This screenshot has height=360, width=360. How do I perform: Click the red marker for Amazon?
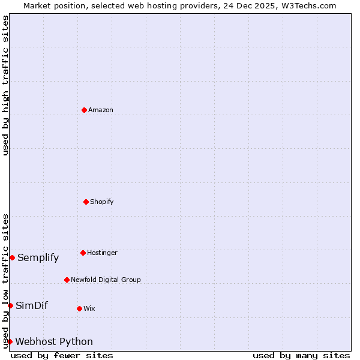[84, 110]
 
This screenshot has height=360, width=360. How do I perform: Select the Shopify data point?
[86, 202]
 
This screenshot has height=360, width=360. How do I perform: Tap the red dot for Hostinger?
[83, 253]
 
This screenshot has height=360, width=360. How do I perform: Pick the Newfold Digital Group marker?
[67, 280]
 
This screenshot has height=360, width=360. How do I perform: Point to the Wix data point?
[79, 308]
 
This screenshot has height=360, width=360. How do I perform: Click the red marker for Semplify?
[12, 257]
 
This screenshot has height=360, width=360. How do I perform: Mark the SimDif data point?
[10, 305]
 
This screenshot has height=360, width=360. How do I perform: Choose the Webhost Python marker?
[10, 341]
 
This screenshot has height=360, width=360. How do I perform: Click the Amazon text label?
[101, 110]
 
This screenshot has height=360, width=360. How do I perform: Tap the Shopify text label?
[102, 202]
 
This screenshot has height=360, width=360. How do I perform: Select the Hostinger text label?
[102, 253]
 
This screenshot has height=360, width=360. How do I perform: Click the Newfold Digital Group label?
[106, 280]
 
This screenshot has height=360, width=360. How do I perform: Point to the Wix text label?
[89, 309]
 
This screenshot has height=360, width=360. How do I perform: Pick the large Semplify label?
[38, 258]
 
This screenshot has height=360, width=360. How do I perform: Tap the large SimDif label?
[32, 306]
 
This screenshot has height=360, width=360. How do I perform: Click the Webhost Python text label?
[54, 342]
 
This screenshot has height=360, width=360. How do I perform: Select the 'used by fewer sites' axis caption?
[62, 355]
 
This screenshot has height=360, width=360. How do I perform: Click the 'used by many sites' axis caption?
[301, 355]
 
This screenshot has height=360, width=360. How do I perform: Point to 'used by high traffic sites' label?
[5, 85]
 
